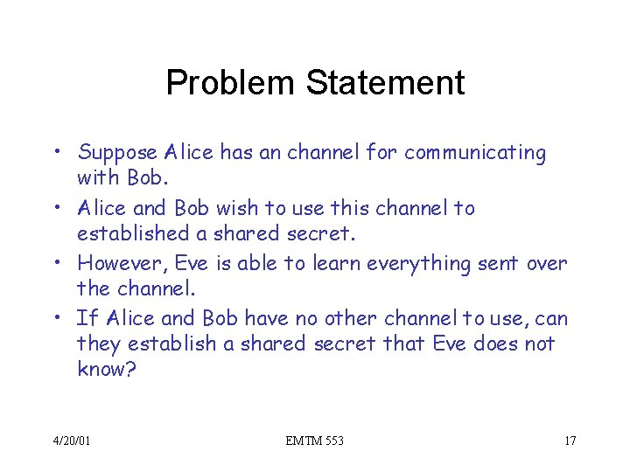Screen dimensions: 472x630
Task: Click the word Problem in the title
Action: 231,84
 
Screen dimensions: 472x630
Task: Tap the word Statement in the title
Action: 385,84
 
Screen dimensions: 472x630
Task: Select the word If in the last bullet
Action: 84,317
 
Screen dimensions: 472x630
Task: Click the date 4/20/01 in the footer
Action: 71,441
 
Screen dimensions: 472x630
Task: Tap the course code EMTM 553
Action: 315,441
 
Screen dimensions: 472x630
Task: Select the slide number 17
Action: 570,441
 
